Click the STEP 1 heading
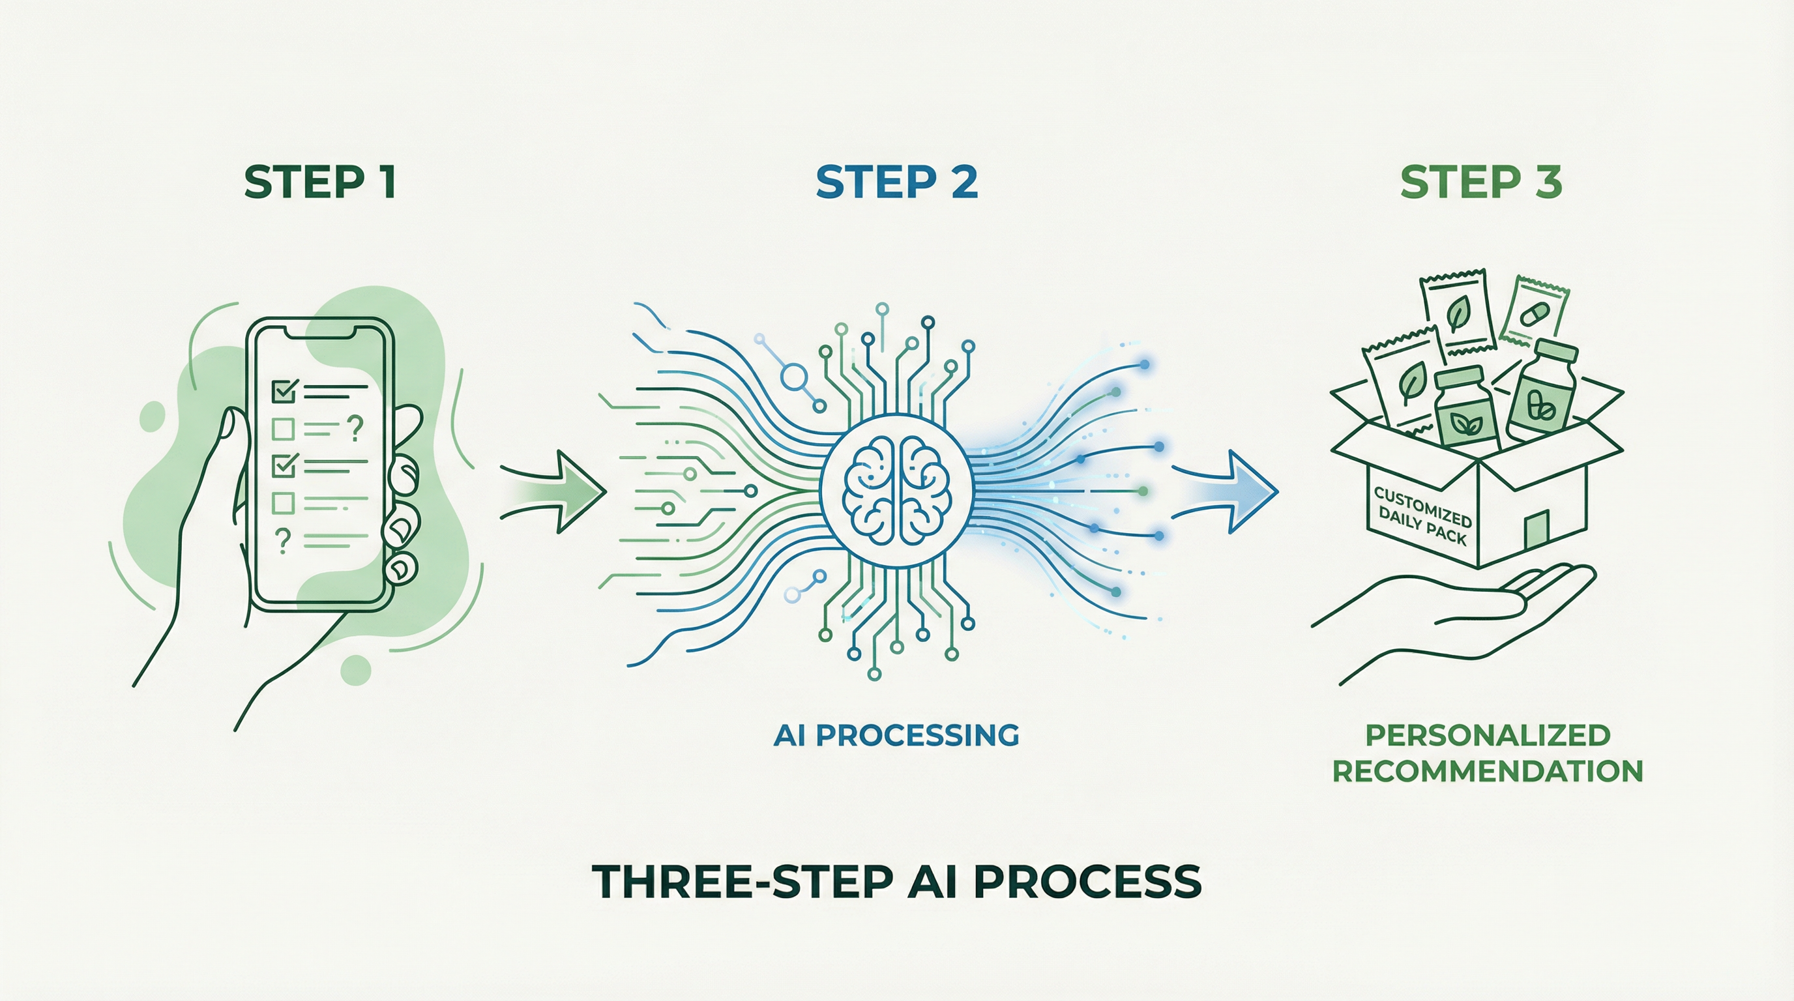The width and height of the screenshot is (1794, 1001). point(320,183)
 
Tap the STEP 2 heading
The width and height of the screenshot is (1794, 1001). point(896,183)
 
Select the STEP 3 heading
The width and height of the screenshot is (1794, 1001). point(1480,183)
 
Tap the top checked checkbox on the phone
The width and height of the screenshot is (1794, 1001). point(284,391)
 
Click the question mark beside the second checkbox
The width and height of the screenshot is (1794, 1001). point(355,428)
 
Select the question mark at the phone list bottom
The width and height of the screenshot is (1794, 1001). point(283,540)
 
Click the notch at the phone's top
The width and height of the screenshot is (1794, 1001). point(320,333)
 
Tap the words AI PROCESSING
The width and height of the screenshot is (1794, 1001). point(896,735)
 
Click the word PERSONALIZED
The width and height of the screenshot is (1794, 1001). point(1488,735)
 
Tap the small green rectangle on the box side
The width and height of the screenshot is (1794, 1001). point(1537,530)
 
